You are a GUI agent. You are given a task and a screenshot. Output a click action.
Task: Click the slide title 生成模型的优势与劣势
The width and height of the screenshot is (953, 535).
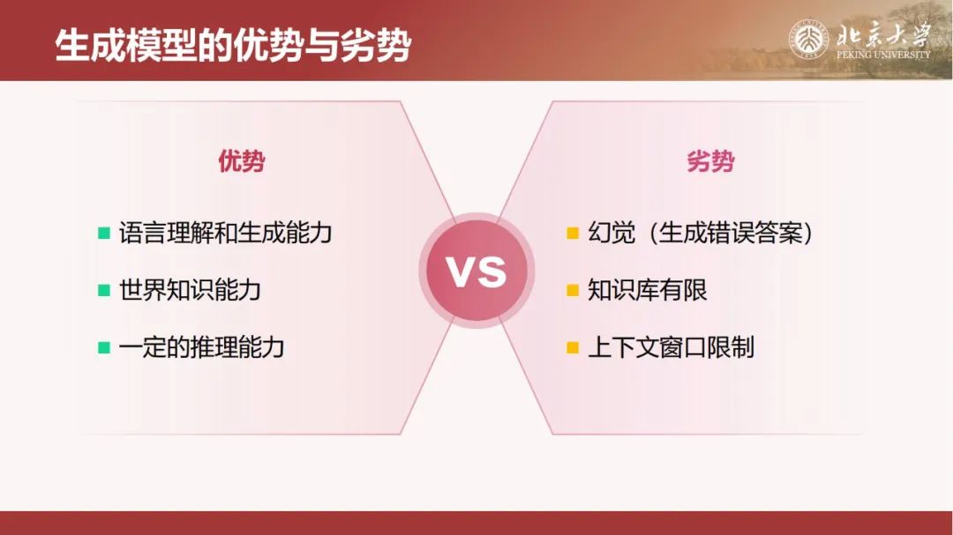pos(233,46)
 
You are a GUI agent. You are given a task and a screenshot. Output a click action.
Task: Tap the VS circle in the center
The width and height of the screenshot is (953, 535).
pos(476,271)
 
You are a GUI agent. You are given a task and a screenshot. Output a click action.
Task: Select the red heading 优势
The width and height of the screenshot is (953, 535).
pos(242,161)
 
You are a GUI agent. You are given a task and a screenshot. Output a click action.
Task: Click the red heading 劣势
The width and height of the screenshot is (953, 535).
pos(710,161)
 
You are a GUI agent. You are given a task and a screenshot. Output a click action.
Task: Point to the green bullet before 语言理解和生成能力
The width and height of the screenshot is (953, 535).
pos(104,233)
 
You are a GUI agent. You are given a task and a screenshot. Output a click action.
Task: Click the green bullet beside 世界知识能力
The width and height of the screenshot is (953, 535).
pos(104,290)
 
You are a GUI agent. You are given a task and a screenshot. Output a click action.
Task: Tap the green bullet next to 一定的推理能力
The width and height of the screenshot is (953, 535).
pos(104,347)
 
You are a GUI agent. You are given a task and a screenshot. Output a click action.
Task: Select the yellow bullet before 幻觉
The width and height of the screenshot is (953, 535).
pos(573,233)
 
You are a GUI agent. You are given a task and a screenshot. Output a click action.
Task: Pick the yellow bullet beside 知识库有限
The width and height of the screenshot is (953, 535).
pos(573,290)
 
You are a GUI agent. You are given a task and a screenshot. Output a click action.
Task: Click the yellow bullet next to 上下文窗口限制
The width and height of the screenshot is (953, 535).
pos(573,347)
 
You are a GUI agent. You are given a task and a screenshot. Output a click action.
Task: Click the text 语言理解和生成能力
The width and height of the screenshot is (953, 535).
pos(226,233)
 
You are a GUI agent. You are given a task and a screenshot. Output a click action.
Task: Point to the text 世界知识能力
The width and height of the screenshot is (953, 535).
pos(190,290)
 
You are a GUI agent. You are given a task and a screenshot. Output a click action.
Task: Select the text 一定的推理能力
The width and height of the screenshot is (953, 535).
pos(202,347)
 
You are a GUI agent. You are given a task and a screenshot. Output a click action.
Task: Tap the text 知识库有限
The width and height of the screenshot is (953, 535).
pos(648,290)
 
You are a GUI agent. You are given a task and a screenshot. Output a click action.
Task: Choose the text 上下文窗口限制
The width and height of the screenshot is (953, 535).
pos(671,347)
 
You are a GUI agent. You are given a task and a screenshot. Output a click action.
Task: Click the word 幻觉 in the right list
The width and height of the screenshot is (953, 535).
pos(612,233)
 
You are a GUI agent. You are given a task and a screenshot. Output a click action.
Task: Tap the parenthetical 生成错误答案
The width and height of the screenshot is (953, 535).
pos(732,233)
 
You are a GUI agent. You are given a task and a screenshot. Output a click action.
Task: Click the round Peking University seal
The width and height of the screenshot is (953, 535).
pos(808,40)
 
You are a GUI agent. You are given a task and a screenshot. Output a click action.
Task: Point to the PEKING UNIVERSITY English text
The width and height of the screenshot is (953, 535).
pos(883,55)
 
